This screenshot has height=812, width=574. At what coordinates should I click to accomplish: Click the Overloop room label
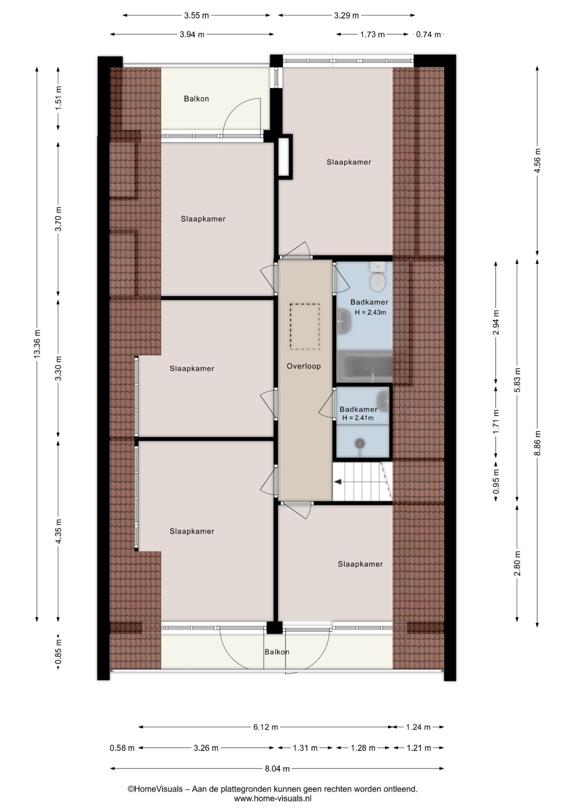[x=303, y=366]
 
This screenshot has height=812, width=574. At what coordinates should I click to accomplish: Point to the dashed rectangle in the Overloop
[x=304, y=326]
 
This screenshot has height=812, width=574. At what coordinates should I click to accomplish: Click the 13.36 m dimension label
[x=37, y=344]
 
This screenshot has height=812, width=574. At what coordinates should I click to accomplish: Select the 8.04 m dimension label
[x=277, y=769]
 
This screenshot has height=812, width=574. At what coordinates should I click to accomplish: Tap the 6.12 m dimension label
[x=265, y=727]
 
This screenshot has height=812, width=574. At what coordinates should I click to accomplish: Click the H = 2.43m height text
[x=370, y=313]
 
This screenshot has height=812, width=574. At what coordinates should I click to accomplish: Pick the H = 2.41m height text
[x=358, y=418]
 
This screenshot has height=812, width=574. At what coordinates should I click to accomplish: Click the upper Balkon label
[x=196, y=99]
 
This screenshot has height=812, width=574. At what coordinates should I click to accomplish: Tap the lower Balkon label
[x=277, y=652]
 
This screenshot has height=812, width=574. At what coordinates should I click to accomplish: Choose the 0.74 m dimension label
[x=428, y=35]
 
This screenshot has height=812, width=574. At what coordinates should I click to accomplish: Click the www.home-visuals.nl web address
[x=273, y=798]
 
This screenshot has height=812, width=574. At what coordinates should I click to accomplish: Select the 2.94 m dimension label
[x=496, y=322]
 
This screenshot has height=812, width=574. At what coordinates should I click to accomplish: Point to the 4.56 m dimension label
[x=537, y=161]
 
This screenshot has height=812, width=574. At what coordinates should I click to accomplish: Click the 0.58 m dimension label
[x=122, y=748]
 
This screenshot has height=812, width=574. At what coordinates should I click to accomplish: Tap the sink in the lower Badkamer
[x=383, y=400]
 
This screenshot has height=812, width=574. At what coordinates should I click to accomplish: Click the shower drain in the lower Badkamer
[x=360, y=443]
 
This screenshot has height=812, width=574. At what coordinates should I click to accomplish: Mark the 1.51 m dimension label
[x=58, y=98]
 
